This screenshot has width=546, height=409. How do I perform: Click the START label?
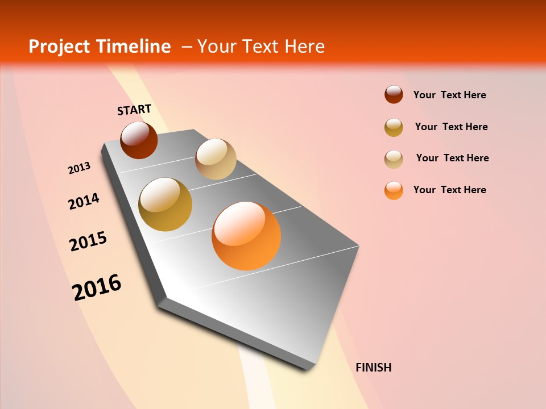[134, 110]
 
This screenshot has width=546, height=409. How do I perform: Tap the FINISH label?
[373, 368]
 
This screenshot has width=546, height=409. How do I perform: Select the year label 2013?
[79, 168]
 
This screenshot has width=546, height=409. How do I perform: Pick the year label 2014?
[84, 201]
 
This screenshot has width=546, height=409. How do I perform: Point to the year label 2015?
[88, 241]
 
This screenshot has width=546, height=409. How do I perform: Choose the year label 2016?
[97, 287]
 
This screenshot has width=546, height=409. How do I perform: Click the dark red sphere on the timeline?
[139, 140]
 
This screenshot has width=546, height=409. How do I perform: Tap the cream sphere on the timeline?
[216, 159]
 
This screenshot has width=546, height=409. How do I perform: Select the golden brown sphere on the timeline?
[166, 204]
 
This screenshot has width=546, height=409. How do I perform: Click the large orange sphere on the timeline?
[246, 236]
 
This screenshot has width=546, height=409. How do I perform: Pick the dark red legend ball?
[394, 94]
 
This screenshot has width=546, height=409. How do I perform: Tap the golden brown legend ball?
[394, 127]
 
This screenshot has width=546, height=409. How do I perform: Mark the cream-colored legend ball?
[394, 158]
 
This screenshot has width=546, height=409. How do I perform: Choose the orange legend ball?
[394, 190]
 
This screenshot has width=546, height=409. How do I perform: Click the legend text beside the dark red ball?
[449, 95]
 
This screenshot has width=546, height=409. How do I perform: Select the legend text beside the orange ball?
[449, 190]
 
